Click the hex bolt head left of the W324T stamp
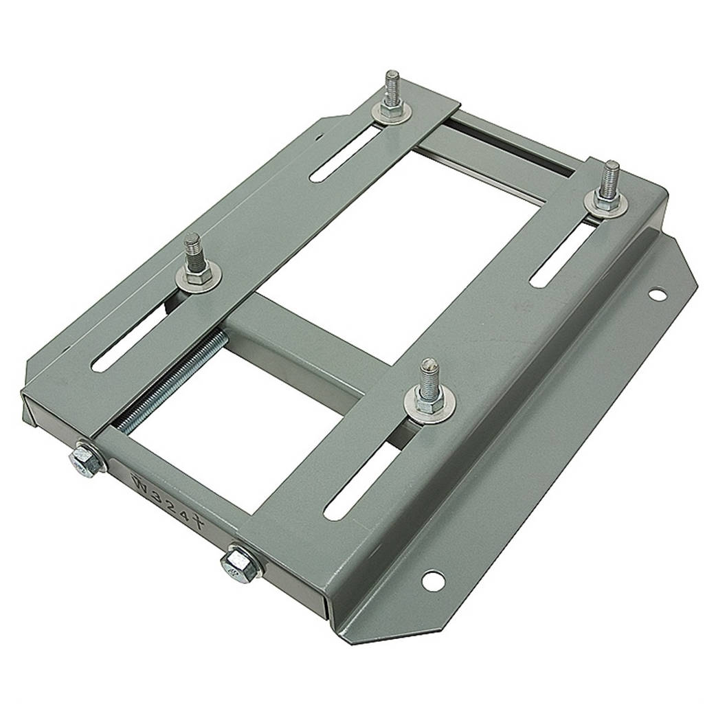point(85,458)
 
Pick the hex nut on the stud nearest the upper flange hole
point(607,199)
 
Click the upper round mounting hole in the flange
point(658,295)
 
